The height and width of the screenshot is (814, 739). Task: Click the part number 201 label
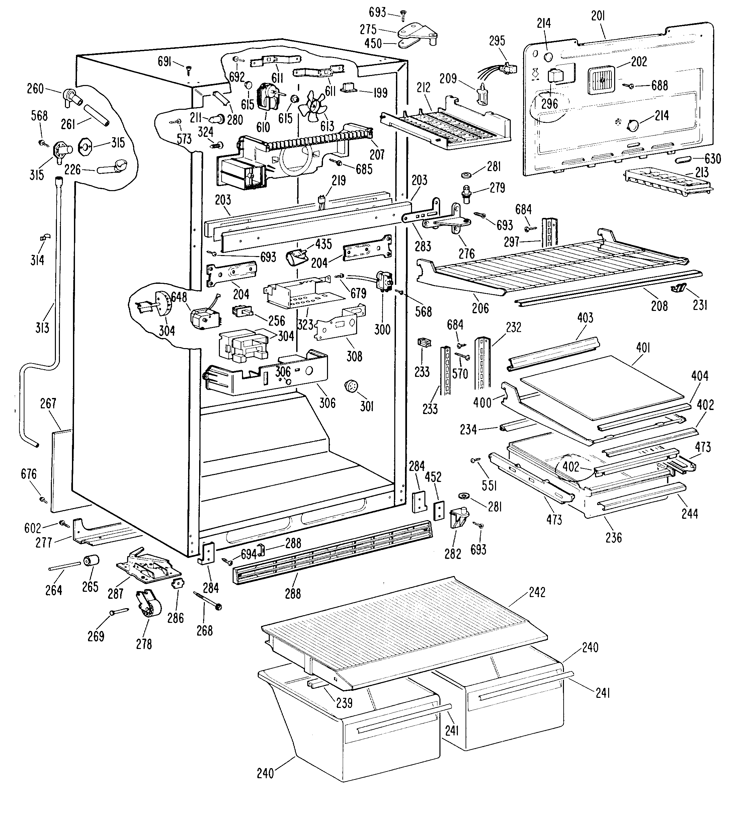pyautogui.click(x=598, y=16)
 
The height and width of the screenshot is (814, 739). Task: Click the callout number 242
pyautogui.click(x=537, y=592)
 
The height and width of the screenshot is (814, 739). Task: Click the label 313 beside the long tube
pyautogui.click(x=42, y=327)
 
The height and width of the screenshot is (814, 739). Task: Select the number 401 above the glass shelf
pyautogui.click(x=643, y=347)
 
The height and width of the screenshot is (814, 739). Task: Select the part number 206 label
pyautogui.click(x=480, y=308)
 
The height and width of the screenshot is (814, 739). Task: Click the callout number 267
pyautogui.click(x=48, y=403)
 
